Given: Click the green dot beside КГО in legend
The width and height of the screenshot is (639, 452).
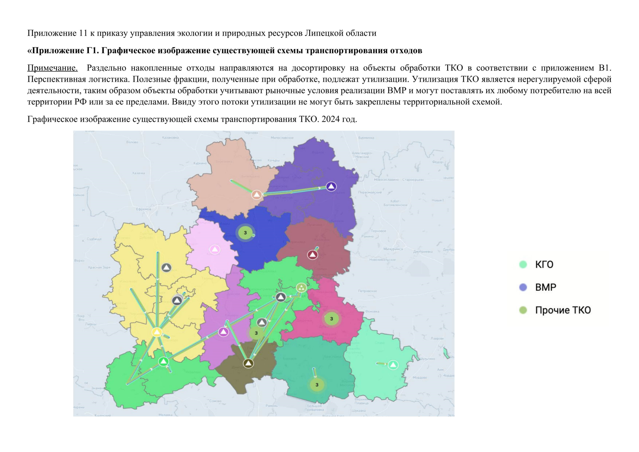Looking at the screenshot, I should point(523,264).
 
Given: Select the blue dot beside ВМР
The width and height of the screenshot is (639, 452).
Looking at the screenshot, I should point(523,287).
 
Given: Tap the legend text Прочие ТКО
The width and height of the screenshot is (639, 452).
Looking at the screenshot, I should point(563,310).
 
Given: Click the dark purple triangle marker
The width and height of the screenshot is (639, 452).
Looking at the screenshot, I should point(331,186).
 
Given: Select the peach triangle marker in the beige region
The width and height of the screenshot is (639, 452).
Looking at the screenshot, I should point(256,195).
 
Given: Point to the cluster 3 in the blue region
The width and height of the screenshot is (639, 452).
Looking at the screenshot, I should point(245,233).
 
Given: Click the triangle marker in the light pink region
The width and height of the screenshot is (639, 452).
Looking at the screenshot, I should point(215,249).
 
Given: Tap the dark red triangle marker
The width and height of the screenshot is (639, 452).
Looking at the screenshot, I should point(313,255).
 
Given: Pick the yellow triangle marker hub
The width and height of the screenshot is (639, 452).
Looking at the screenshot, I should point(157,332).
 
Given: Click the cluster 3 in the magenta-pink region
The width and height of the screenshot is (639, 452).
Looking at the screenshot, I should point(331,319).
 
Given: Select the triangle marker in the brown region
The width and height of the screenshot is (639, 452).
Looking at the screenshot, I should point(248,363).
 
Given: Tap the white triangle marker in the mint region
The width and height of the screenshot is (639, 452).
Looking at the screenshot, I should point(393,365).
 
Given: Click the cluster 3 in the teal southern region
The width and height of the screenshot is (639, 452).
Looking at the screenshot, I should point(317,385).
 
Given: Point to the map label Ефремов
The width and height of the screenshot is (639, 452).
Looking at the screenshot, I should point(143,209).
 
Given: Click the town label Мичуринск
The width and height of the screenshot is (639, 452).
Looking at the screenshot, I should point(393,249).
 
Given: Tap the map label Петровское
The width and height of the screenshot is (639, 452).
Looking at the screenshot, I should point(367,291).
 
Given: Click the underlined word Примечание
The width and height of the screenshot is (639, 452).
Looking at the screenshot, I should point(52,68).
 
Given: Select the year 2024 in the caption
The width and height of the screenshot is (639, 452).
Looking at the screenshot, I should point(330,119).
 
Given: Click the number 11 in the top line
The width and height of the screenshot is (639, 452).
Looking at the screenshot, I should point(83,33).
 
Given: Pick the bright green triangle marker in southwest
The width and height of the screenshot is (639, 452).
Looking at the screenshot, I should point(163,362).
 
